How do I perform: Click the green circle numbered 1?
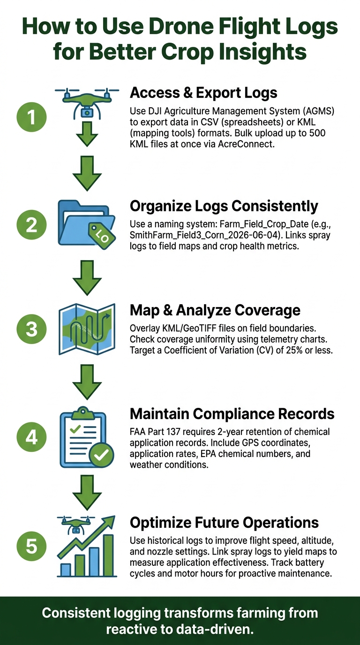(x=31, y=117)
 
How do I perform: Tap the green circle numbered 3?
(x=31, y=329)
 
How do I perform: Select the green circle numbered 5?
(x=31, y=546)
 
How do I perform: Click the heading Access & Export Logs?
(x=203, y=93)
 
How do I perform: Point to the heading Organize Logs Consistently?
(x=224, y=206)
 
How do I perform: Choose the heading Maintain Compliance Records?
(x=232, y=414)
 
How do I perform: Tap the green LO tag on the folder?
(x=102, y=235)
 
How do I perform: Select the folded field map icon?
(x=87, y=329)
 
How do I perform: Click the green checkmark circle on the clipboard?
(x=101, y=455)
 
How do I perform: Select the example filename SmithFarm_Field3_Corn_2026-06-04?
(x=205, y=235)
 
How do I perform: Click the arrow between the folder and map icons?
(x=87, y=277)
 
